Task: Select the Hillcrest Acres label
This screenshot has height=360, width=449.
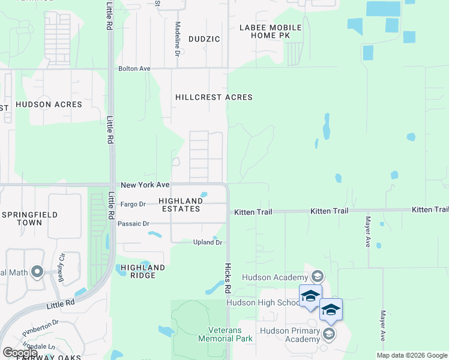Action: pos(214,97)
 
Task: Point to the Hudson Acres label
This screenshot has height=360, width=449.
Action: pos(49,104)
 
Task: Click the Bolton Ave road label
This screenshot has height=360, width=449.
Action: pos(134,69)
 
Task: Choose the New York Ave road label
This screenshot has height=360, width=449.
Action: pos(145,185)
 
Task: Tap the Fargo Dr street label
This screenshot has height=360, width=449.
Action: pos(133,204)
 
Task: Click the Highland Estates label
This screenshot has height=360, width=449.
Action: pos(180,205)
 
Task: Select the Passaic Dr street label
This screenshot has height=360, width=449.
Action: pos(134,224)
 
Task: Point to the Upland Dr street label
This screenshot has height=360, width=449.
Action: pos(208,242)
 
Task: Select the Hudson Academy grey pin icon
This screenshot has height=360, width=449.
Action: pos(318,277)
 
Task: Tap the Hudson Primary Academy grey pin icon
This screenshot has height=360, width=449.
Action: pos(328,334)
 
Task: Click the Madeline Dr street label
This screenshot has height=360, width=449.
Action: pos(178,40)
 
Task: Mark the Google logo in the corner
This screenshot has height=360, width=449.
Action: pos(20,352)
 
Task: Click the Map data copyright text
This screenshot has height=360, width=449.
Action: pos(412,355)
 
